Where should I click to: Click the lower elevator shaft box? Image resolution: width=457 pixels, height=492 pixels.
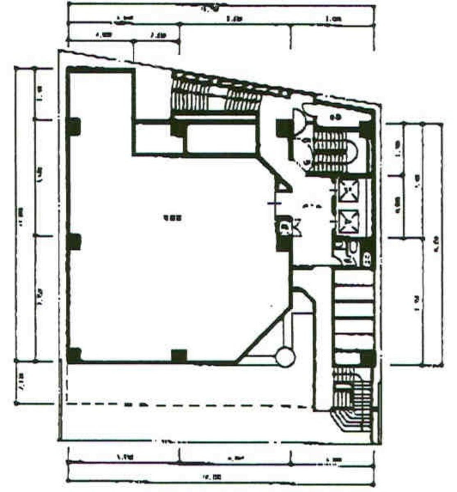[x=349, y=221]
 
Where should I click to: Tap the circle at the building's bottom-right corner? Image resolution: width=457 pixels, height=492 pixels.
[x=286, y=357]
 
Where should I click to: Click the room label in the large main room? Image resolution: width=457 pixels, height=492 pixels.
[x=171, y=218]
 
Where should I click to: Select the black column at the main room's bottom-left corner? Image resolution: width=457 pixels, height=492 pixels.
[x=74, y=355]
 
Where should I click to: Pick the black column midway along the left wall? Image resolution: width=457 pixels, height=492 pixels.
[x=74, y=241]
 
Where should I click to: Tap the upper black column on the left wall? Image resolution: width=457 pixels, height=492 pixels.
[x=74, y=127]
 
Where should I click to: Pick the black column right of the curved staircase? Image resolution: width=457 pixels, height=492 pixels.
[x=366, y=130]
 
